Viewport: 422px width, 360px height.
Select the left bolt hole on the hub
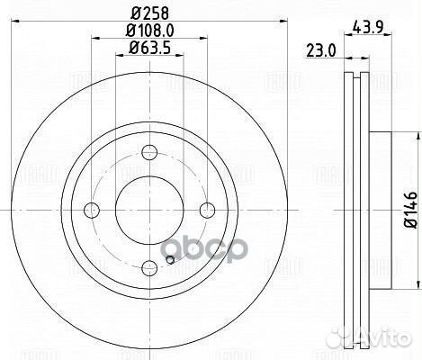[92, 210]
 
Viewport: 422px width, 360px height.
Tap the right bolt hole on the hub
[207, 210]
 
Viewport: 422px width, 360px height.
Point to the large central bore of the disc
[149, 210]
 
